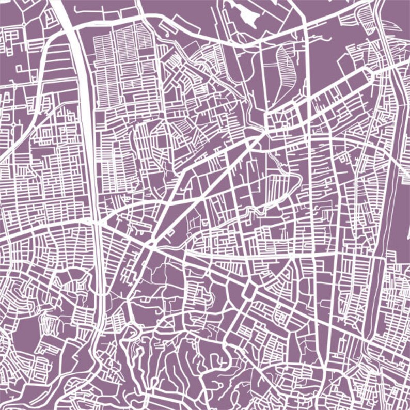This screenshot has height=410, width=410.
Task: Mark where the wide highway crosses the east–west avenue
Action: pos(96,222)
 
